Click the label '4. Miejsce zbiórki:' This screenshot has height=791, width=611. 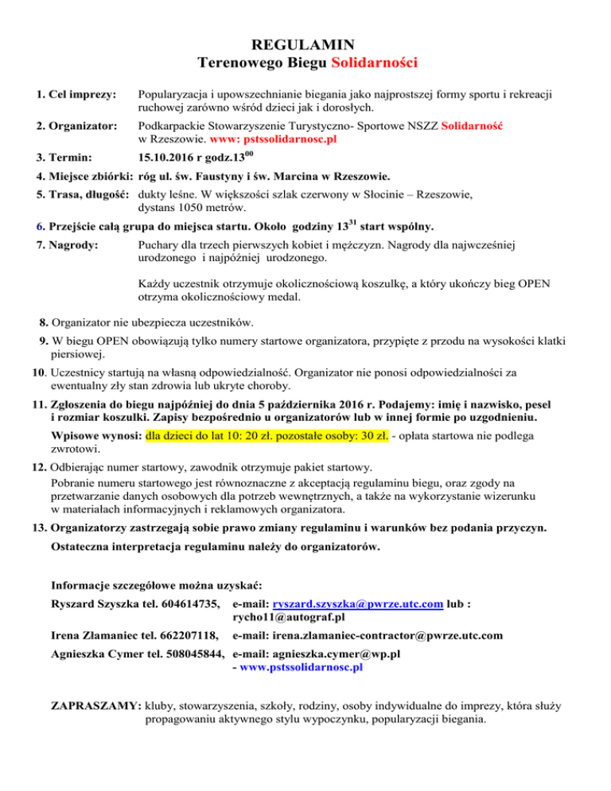tap(84, 177)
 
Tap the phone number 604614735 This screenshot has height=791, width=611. tap(189, 605)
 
